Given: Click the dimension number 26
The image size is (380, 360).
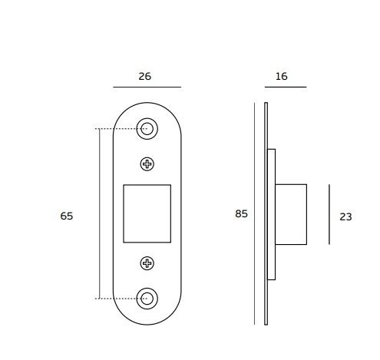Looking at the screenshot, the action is click(x=144, y=76).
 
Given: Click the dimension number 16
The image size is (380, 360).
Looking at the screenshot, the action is click(x=281, y=76).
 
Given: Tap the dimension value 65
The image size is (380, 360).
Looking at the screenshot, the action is click(x=67, y=216).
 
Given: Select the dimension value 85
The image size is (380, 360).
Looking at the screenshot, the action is click(x=241, y=214).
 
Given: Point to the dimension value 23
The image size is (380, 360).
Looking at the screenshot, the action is click(x=345, y=217).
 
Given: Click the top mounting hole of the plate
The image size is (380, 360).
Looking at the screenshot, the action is click(x=147, y=129).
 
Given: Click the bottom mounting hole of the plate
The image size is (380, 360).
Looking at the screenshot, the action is click(x=147, y=299).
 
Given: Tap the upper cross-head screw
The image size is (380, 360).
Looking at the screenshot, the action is click(x=147, y=163).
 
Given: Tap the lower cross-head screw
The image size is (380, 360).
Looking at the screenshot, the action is click(x=147, y=263).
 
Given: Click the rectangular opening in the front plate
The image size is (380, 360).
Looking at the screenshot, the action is click(x=147, y=213).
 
